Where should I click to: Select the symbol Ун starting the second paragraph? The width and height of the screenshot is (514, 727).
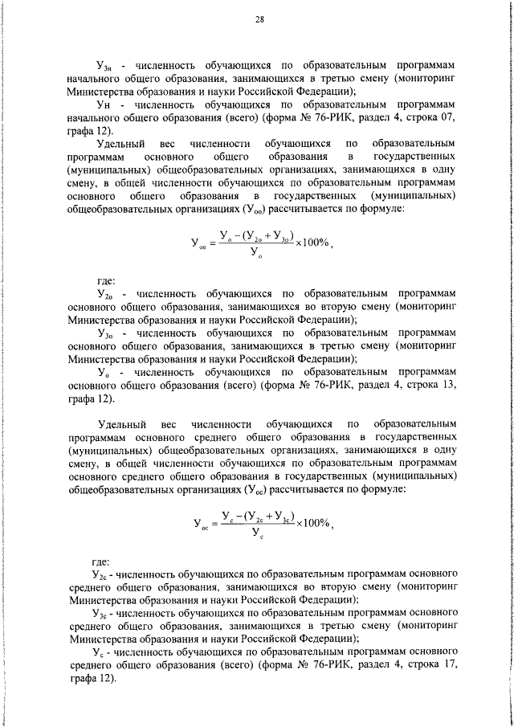point(102,104)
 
